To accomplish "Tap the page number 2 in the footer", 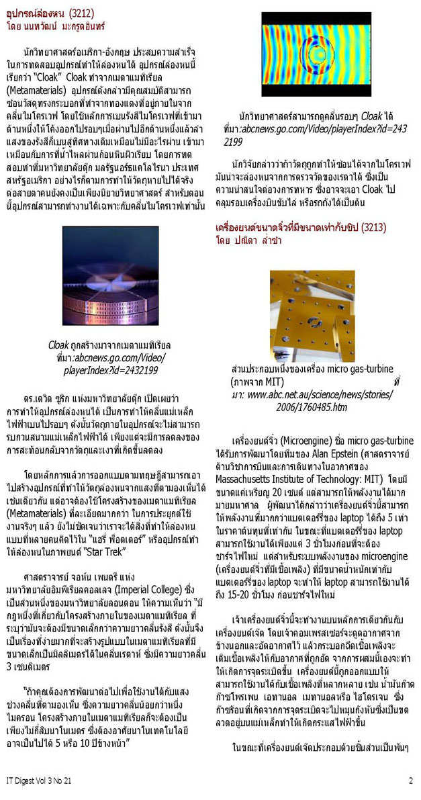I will click(410, 781).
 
